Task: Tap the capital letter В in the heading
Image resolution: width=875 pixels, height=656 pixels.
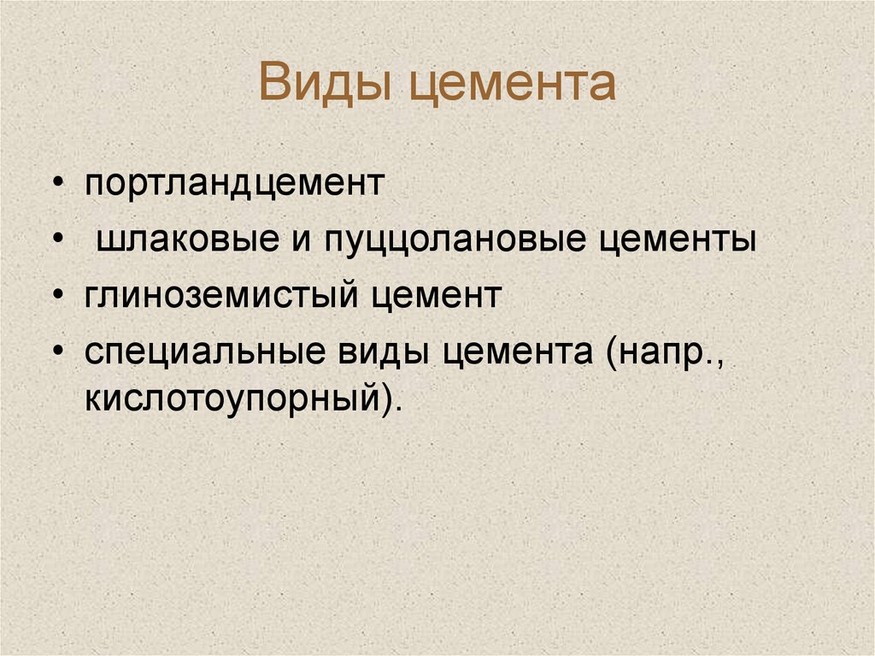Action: (276, 84)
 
